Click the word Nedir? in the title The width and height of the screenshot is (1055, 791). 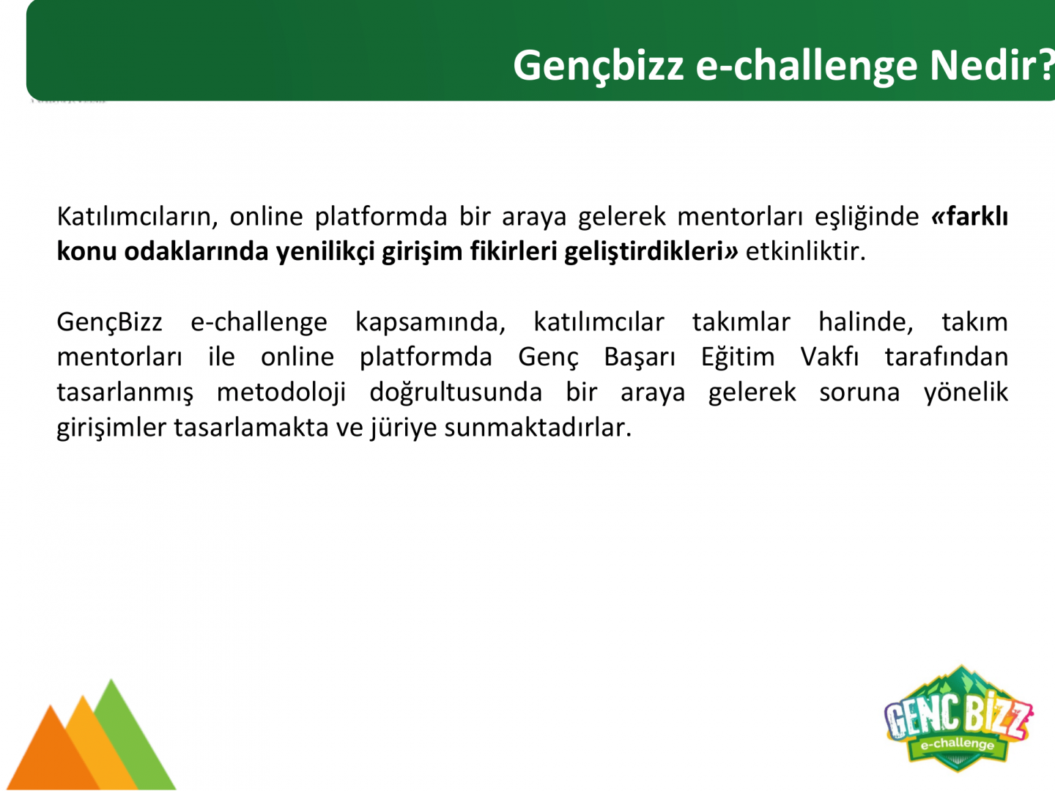click(x=992, y=65)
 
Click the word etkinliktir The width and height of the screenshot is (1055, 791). click(x=806, y=251)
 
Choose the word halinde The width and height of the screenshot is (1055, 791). click(x=866, y=322)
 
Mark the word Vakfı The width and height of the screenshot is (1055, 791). click(x=829, y=357)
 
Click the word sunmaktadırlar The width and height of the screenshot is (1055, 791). click(x=538, y=427)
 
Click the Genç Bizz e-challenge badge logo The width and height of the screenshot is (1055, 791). click(x=958, y=718)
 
